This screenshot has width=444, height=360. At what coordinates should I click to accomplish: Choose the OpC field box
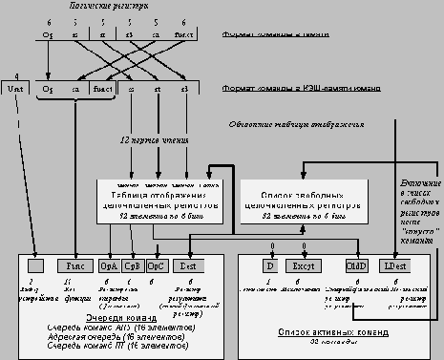click(x=156, y=266)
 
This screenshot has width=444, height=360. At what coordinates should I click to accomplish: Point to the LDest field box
click(x=391, y=266)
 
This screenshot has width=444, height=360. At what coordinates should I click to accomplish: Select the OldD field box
click(x=354, y=266)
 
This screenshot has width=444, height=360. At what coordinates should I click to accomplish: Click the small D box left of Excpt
click(x=270, y=266)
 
